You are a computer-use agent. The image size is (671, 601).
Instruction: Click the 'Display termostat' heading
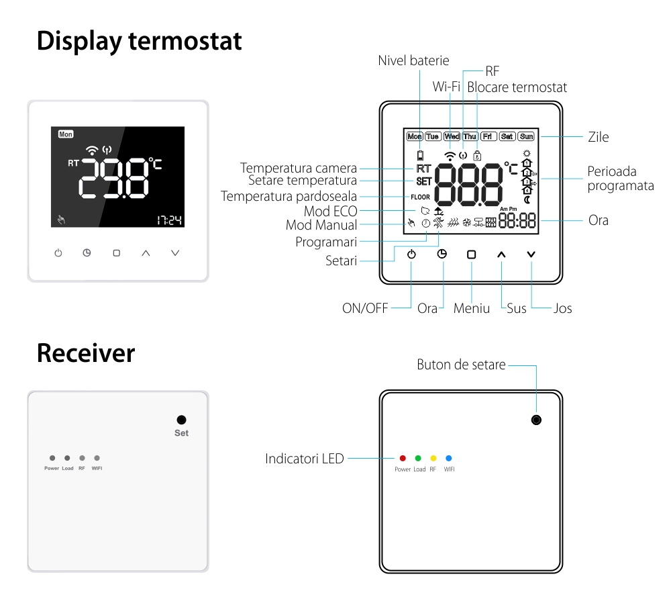139,41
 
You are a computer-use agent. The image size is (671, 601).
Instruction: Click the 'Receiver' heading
85,353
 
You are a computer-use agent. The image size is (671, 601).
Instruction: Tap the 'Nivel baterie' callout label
413,60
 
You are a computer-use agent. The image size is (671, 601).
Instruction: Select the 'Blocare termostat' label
517,87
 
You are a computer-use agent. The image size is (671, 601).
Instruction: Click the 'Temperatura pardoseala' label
289,197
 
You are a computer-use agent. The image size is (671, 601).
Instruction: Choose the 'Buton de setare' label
462,365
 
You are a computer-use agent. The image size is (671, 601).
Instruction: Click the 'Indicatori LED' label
304,459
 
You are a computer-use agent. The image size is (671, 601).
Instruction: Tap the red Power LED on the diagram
403,458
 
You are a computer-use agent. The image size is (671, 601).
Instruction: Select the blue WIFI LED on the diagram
449,458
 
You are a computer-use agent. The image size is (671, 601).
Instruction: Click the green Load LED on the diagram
418,458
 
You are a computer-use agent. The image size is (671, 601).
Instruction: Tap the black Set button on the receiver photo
181,420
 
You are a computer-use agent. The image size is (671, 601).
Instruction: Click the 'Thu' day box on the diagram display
470,136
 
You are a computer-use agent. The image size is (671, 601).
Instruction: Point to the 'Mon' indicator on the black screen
66,134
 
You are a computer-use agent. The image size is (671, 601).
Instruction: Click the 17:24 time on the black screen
170,220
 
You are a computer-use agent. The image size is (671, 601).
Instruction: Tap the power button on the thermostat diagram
411,255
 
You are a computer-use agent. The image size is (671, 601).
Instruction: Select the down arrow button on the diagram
531,255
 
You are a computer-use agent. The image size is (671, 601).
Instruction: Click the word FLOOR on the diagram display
421,197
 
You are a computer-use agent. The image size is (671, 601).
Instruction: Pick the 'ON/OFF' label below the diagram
365,309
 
